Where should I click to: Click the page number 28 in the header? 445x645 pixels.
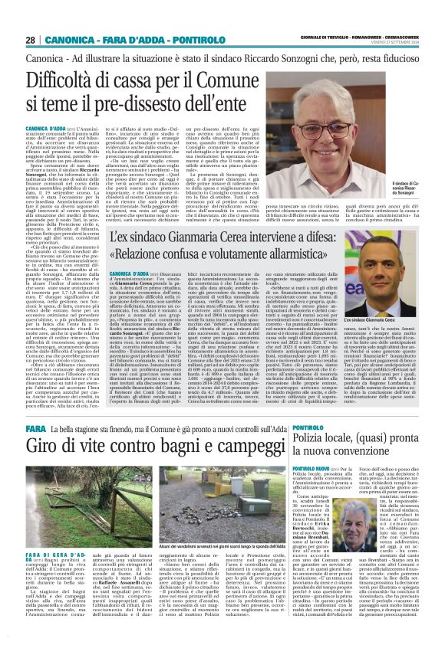[x=31, y=39]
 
